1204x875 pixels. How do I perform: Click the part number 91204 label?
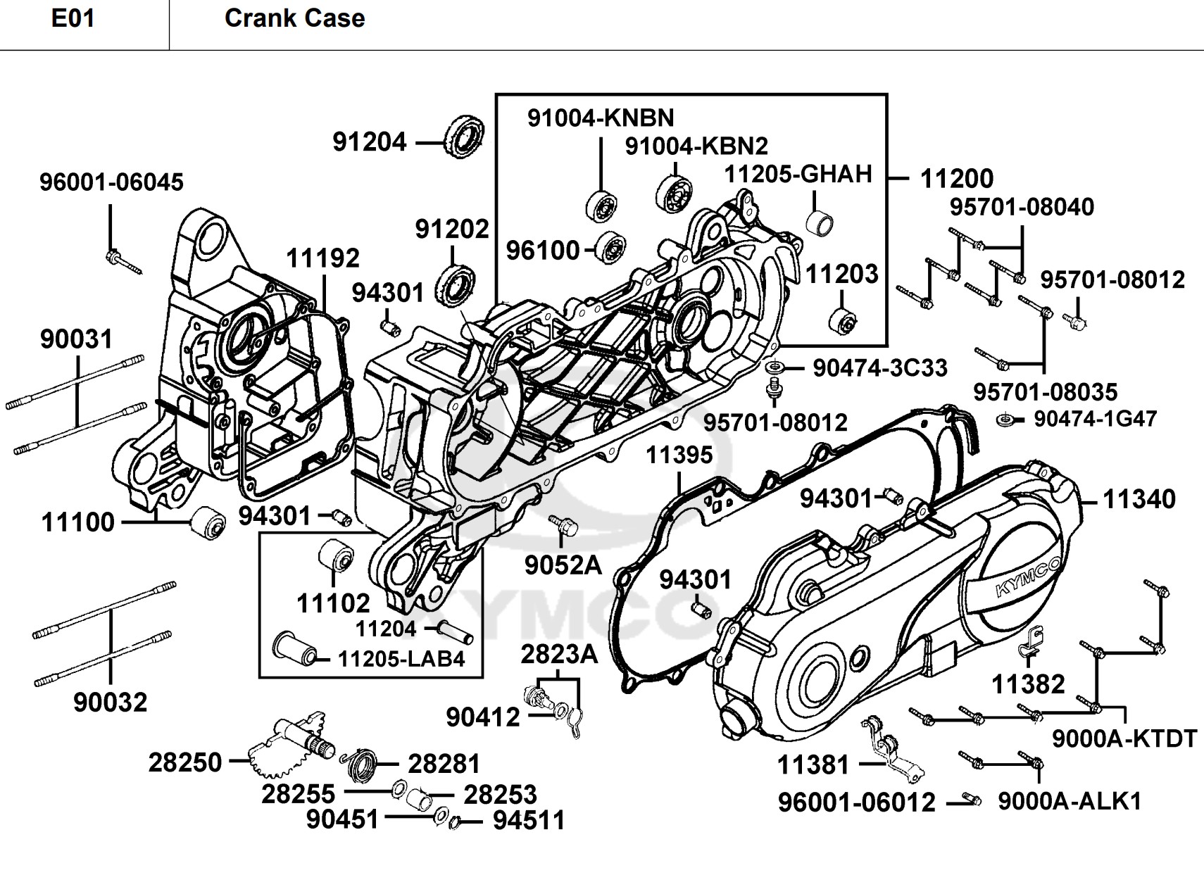tap(369, 142)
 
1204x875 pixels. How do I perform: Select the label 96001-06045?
tap(111, 182)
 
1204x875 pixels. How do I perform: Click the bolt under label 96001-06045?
tap(124, 262)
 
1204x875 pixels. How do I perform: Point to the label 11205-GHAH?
tap(798, 174)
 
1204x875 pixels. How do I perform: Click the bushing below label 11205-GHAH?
tap(820, 222)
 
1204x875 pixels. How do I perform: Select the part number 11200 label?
tap(957, 178)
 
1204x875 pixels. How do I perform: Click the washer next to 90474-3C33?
tap(775, 368)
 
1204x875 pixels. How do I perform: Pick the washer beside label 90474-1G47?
tap(1005, 420)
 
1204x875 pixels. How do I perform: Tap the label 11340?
tap(1139, 499)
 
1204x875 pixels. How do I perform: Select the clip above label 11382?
tap(1031, 642)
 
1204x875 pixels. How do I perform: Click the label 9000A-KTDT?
tap(1124, 739)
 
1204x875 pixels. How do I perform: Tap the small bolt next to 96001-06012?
tap(972, 800)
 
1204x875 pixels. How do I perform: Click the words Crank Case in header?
tap(294, 18)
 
